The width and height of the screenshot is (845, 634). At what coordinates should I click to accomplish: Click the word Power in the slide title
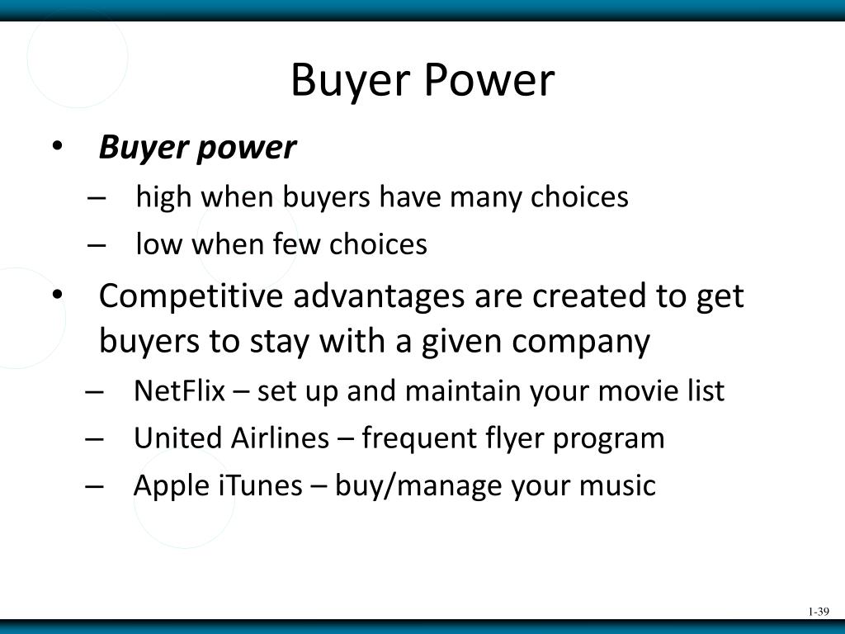490,80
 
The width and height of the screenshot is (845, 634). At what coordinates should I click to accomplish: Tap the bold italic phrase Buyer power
197,147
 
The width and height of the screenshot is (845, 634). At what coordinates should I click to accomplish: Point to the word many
485,198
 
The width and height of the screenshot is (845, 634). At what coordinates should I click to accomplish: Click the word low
159,244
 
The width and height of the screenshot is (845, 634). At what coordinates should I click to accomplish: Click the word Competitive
191,296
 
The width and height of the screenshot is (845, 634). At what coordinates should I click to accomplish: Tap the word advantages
378,297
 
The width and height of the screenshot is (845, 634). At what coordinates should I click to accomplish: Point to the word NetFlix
179,390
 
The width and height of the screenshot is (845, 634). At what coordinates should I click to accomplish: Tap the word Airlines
280,438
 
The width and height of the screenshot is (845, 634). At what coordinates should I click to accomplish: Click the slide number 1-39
819,612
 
